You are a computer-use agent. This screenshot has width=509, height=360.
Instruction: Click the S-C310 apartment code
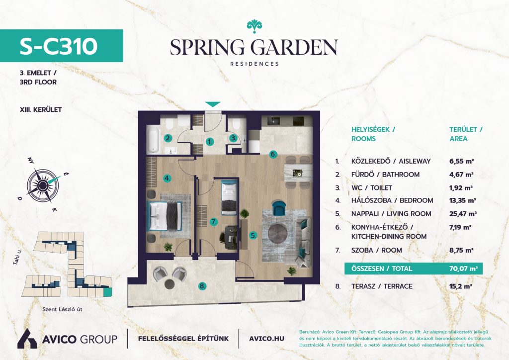tap(59, 46)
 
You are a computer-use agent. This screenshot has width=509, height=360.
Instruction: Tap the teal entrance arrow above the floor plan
tap(213, 104)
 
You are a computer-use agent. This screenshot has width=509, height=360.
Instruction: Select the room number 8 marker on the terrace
tap(202, 286)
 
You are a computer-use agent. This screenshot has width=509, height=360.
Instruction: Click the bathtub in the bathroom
tap(152, 141)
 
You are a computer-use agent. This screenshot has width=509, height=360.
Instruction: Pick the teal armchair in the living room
tap(279, 208)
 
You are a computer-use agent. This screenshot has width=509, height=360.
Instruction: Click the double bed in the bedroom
tap(164, 215)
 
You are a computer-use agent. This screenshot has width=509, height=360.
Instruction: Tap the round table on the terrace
tap(170, 284)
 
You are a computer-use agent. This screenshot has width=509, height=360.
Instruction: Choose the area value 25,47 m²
tap(463, 214)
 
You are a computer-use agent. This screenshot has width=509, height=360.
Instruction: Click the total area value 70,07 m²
tap(464, 269)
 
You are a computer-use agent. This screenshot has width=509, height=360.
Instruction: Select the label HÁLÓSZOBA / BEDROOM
tap(392, 200)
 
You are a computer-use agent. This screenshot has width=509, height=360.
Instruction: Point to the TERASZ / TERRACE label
tap(382, 286)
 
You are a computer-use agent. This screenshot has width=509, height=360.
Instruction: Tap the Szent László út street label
tap(62, 309)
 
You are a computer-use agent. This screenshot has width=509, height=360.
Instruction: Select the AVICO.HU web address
tap(266, 339)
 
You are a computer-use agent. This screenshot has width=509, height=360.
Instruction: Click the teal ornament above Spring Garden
tap(254, 26)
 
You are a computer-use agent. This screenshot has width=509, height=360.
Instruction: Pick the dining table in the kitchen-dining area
tap(297, 172)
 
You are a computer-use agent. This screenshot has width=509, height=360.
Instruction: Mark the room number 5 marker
tap(253, 235)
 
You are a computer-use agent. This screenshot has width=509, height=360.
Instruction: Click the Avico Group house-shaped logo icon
tap(27, 339)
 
